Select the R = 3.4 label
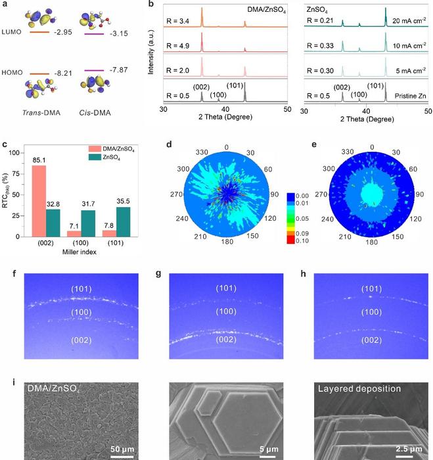[x=181, y=20]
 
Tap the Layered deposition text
[x=357, y=388]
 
